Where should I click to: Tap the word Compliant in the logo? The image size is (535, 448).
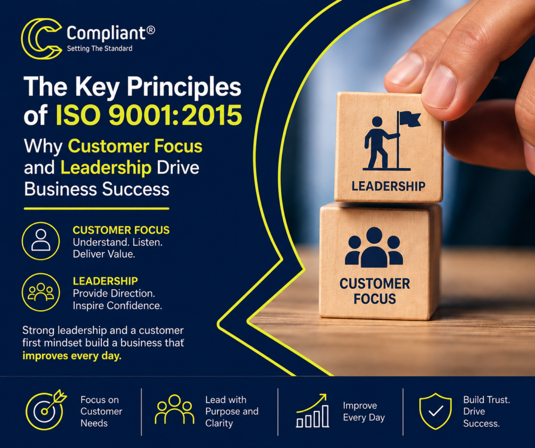[106, 33]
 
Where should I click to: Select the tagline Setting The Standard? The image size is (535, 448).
[99, 49]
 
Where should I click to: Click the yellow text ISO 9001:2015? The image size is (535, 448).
[149, 115]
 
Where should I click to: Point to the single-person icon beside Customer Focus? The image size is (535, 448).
[41, 241]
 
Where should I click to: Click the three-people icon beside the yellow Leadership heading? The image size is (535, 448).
[41, 292]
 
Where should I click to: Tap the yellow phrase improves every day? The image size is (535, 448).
[72, 356]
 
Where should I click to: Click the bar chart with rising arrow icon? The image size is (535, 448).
[312, 410]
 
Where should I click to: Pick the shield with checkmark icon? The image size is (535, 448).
[435, 411]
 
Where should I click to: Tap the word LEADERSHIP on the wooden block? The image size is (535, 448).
[388, 186]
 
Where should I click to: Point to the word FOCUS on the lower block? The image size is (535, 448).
[375, 299]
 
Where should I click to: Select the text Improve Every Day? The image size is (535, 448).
[364, 411]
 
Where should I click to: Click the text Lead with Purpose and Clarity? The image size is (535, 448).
[231, 411]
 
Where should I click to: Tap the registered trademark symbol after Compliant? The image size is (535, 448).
[150, 30]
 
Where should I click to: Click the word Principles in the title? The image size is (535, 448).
[184, 87]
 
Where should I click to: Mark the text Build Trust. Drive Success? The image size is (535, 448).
[486, 411]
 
